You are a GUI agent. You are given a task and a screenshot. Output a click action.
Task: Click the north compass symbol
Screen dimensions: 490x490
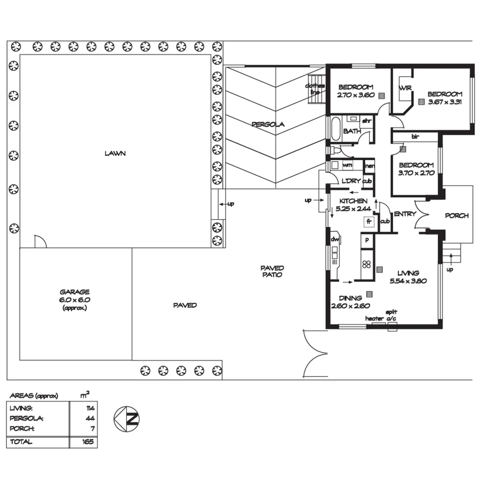[x=127, y=419]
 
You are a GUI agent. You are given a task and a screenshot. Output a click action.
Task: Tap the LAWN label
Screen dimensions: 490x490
[x=115, y=153]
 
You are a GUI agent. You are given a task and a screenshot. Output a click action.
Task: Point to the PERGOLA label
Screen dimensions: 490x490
[x=268, y=124]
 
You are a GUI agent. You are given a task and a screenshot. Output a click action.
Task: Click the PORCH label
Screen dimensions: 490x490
[x=457, y=216]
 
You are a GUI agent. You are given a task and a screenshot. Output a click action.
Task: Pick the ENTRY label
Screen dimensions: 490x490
[x=405, y=214]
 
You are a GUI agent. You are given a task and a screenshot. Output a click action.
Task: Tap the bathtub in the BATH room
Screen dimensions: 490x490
[x=335, y=129]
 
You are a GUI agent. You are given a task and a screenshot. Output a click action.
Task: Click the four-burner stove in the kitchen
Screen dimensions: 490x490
[x=367, y=265]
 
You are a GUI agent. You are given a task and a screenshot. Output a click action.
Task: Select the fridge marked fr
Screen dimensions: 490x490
[x=369, y=222]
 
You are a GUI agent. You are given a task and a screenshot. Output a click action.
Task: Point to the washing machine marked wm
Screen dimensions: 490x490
[x=348, y=165]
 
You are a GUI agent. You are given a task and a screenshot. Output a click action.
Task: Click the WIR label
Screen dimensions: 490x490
[x=405, y=88]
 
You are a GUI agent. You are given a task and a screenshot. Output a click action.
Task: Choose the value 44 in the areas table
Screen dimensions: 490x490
[x=90, y=418]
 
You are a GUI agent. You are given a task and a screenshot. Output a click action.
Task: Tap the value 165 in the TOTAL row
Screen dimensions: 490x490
[x=88, y=441]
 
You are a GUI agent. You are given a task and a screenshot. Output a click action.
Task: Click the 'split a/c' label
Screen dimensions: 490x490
[x=392, y=315]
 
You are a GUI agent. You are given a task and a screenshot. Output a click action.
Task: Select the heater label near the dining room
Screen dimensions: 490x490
[x=374, y=318]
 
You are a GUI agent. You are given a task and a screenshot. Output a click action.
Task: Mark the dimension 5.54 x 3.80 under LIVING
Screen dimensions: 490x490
[x=408, y=281]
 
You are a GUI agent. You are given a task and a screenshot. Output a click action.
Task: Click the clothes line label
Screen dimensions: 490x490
[x=315, y=89]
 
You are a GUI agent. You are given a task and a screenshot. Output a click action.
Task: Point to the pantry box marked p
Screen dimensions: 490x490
[x=367, y=240]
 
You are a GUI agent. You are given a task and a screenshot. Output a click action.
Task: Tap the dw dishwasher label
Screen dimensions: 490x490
[x=335, y=240]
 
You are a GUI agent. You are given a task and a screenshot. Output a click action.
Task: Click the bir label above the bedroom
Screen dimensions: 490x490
[x=415, y=137]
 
